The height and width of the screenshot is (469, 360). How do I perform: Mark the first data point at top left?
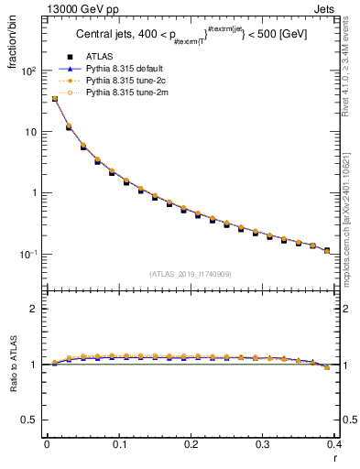(54, 99)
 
